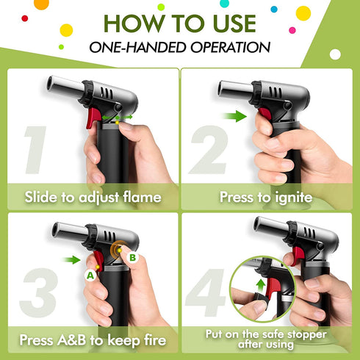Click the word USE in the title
tap(234, 24)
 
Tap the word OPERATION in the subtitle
tap(231, 47)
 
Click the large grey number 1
tap(35, 150)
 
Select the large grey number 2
tap(209, 149)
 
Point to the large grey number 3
tap(39, 292)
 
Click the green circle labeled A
tap(90, 276)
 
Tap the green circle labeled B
tap(132, 257)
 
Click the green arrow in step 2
tap(234, 116)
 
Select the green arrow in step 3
tap(71, 260)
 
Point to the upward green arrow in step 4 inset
tap(261, 286)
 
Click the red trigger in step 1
tap(93, 118)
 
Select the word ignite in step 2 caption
tap(294, 198)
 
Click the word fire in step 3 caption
tap(155, 340)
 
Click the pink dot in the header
tap(292, 30)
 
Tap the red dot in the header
tap(25, 18)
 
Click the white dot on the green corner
tap(335, 54)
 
